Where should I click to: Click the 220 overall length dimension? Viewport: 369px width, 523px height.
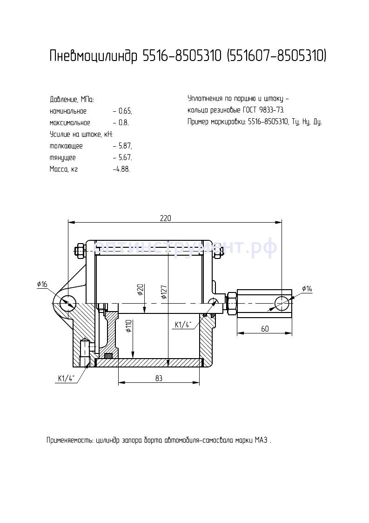click(x=165, y=218)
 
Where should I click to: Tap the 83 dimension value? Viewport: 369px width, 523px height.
click(x=159, y=378)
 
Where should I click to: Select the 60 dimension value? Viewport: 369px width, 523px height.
click(x=265, y=329)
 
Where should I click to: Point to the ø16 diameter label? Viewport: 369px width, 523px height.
click(x=42, y=284)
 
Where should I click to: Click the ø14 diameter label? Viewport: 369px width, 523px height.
click(x=307, y=289)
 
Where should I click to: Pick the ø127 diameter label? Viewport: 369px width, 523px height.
click(x=164, y=291)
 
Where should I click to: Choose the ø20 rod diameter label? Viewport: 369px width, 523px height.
click(x=140, y=290)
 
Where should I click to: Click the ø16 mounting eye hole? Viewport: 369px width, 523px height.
click(x=68, y=303)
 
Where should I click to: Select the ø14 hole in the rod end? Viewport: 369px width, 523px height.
click(x=282, y=303)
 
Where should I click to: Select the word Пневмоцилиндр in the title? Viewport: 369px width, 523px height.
click(x=94, y=56)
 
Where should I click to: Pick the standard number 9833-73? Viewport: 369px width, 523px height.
click(x=272, y=110)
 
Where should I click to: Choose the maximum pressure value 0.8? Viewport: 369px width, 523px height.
click(x=124, y=123)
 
